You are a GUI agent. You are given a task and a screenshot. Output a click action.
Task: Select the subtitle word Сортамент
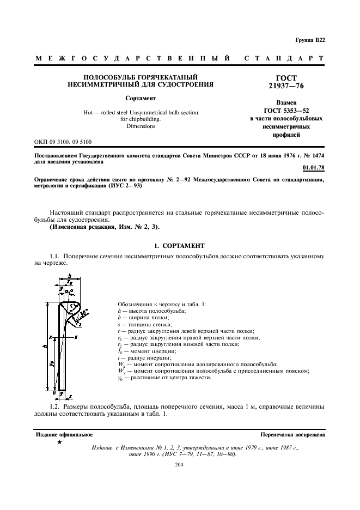click(x=141, y=99)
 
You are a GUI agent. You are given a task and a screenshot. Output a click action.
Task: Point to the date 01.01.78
click(x=314, y=168)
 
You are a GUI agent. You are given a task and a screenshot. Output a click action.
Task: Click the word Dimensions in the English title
click(x=141, y=126)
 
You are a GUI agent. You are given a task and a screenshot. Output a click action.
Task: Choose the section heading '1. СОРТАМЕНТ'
click(x=180, y=246)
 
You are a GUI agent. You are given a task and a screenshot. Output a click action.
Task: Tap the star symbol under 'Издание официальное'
click(x=59, y=442)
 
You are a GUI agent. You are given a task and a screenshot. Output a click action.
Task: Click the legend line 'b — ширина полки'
click(x=144, y=317)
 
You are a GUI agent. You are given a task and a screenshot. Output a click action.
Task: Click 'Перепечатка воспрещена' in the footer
click(x=293, y=435)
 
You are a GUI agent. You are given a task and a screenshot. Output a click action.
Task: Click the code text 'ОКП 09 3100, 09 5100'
click(x=63, y=142)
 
